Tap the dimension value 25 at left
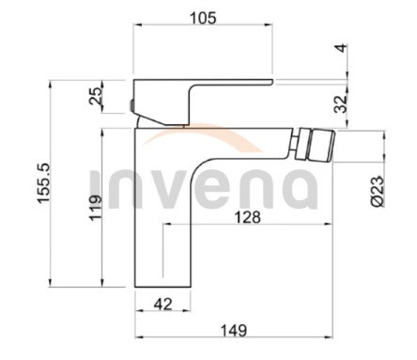click(x=95, y=96)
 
